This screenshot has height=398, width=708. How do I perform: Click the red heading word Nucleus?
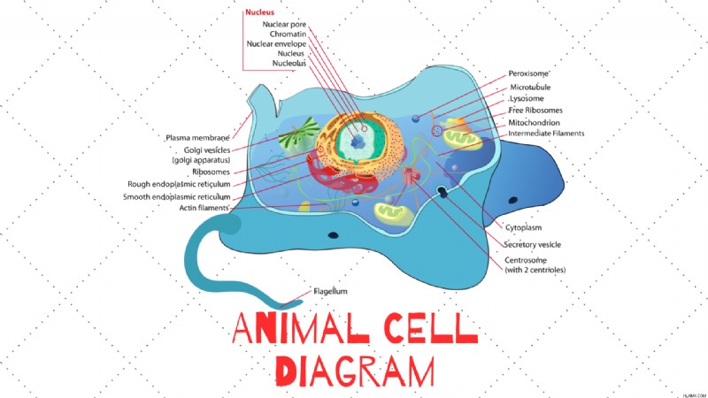259,12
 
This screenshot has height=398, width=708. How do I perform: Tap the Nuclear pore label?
284,25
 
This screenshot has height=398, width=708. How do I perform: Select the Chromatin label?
289,34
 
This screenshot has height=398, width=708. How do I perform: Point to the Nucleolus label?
289,63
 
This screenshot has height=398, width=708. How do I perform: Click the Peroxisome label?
528,73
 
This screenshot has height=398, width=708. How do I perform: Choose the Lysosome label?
527,98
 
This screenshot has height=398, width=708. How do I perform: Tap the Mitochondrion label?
534,123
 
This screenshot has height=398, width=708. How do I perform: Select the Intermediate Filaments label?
546,134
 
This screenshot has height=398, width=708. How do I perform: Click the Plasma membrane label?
197,138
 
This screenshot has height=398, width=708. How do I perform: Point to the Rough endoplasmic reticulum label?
179,184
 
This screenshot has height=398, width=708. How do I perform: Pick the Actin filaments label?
204,208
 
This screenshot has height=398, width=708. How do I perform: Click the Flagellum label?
330,292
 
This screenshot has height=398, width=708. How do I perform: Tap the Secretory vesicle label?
533,245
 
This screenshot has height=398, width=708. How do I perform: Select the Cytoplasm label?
523,228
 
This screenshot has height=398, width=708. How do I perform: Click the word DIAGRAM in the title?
355,371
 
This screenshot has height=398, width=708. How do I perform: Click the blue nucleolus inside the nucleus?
358,142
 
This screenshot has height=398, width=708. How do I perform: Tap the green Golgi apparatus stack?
298,134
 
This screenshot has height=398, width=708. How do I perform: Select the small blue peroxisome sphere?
416,119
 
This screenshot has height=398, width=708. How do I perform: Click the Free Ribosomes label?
535,111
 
